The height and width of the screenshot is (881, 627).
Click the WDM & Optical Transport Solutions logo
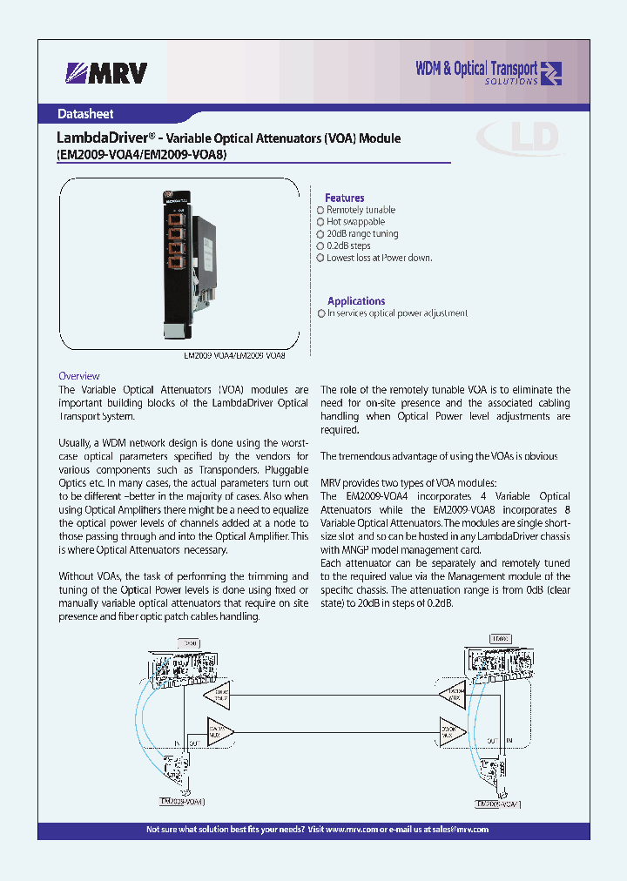click(488, 73)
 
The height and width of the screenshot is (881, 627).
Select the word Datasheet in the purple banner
click(85, 114)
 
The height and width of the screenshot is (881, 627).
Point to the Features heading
click(344, 198)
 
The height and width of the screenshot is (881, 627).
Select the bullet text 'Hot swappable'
click(355, 222)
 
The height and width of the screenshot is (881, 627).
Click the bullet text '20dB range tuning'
click(362, 234)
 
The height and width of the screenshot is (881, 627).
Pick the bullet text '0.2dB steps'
click(348, 246)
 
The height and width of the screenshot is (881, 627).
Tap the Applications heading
click(356, 300)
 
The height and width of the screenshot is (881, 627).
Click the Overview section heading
click(78, 376)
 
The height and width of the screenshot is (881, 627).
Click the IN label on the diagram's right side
click(508, 739)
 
